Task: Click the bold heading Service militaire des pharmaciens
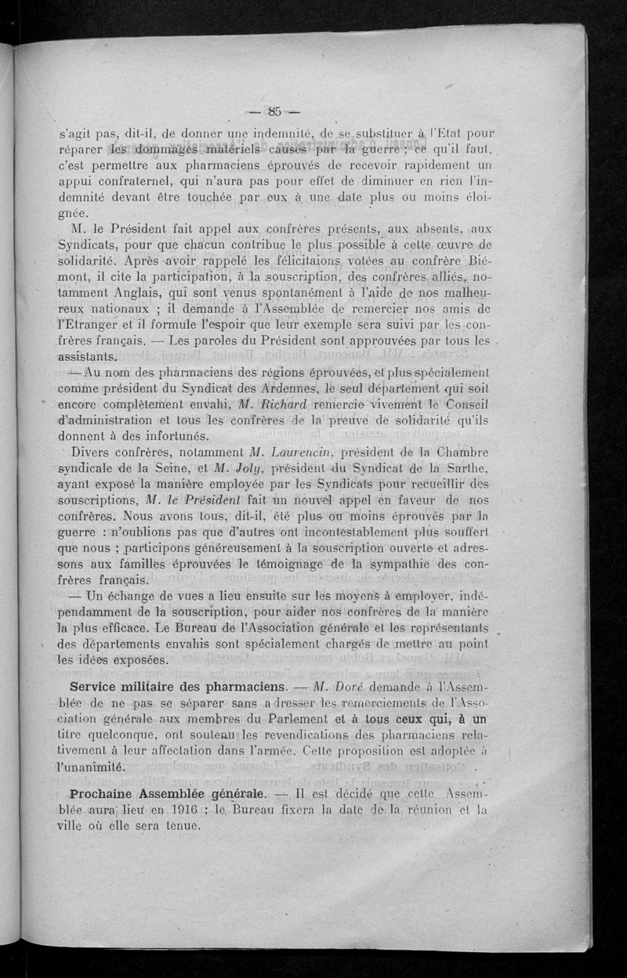tap(176, 685)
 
